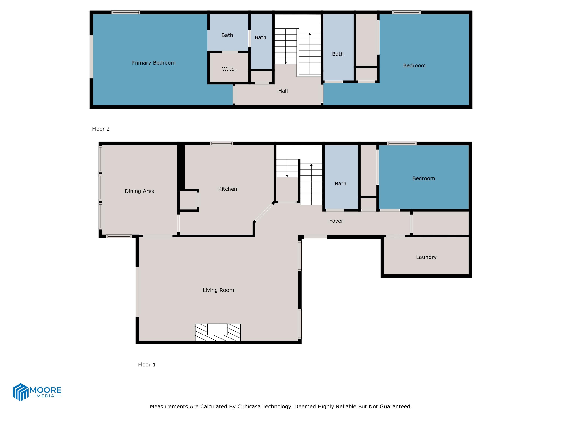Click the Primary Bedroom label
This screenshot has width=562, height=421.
(x=153, y=63)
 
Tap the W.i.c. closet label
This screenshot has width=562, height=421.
(x=229, y=69)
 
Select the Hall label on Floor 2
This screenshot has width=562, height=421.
(x=283, y=91)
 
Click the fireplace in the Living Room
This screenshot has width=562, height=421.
(x=218, y=332)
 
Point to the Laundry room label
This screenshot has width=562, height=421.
(x=426, y=257)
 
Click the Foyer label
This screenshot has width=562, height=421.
(x=336, y=221)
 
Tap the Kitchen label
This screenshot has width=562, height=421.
(x=227, y=189)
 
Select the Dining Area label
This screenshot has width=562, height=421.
(x=140, y=191)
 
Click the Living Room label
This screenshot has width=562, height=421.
(x=218, y=290)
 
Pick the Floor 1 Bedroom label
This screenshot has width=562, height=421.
(x=424, y=178)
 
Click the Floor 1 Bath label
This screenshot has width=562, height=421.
(x=340, y=184)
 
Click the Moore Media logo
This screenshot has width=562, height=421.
(x=37, y=392)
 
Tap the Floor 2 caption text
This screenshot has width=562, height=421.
(x=101, y=129)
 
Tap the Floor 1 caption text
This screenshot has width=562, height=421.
(x=147, y=365)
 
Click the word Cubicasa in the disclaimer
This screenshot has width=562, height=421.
(x=249, y=407)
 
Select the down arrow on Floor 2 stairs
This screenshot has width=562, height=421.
(x=285, y=62)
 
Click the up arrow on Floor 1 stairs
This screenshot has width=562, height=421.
(x=311, y=165)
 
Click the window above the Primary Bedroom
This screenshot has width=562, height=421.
(x=126, y=12)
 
